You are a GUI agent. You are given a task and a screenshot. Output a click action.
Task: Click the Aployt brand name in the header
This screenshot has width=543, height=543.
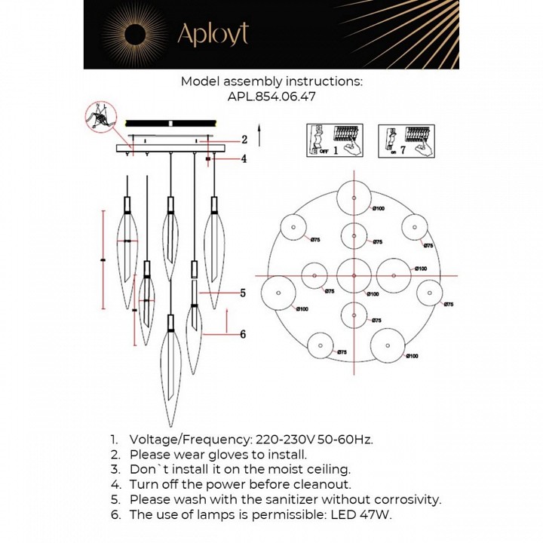pyautogui.click(x=212, y=34)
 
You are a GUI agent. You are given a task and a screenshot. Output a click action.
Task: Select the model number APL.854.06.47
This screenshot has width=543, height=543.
pyautogui.click(x=271, y=97)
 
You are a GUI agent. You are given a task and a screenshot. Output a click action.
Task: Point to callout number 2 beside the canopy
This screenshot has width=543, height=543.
pyautogui.click(x=244, y=140)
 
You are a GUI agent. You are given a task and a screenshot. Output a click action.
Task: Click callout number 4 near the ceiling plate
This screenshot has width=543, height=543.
pyautogui.click(x=244, y=158)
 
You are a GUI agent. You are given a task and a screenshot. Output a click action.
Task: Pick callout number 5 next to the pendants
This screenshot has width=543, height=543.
pyautogui.click(x=244, y=293)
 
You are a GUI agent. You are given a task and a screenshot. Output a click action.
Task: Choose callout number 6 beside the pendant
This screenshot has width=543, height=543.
pyautogui.click(x=244, y=335)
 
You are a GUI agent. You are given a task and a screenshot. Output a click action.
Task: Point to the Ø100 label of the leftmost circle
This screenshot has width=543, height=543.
pyautogui.click(x=302, y=309)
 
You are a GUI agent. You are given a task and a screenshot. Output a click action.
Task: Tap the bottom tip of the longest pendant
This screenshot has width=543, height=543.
pyautogui.click(x=172, y=426)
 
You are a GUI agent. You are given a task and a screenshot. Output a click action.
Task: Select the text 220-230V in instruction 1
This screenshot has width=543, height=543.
pyautogui.click(x=284, y=439)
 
